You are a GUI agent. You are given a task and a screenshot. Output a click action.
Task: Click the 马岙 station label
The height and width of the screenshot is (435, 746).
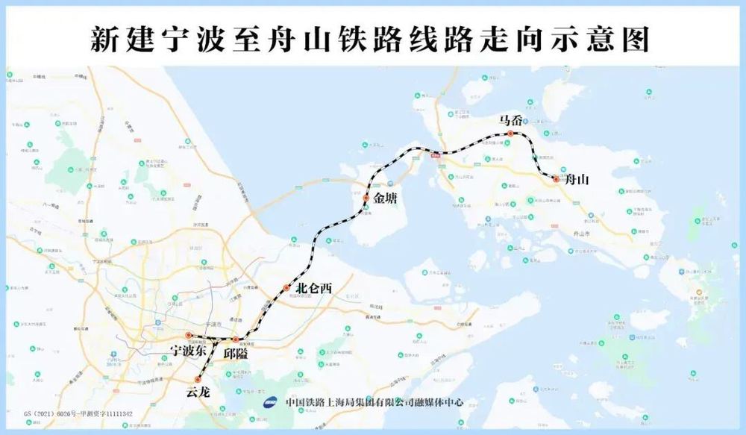tap(511, 119)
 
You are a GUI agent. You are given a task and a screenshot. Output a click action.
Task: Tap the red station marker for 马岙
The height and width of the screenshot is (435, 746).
tap(510, 134)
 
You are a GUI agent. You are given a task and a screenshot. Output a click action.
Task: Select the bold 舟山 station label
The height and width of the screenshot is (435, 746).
tap(577, 180)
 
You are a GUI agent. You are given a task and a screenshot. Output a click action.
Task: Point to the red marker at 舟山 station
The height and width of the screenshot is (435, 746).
tap(556, 179)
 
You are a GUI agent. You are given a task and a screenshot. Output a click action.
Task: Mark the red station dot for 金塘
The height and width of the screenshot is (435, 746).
tap(366, 198)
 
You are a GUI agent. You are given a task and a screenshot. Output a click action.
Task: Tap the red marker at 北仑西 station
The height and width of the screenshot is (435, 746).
tap(286, 288)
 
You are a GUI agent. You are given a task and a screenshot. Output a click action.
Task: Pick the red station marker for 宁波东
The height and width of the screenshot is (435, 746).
tap(189, 336)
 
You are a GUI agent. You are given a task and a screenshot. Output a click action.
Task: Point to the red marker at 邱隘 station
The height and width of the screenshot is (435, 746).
tap(236, 339)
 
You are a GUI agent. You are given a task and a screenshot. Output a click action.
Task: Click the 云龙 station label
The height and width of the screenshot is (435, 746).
tap(198, 392)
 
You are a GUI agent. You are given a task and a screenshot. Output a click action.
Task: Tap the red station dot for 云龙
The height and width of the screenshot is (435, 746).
tap(198, 379)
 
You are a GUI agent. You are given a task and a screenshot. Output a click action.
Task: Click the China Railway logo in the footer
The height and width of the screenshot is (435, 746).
tap(271, 401)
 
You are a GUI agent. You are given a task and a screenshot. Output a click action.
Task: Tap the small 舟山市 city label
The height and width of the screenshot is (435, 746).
tap(579, 234)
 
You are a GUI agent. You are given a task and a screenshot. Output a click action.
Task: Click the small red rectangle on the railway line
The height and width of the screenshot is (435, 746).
tap(435, 154)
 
